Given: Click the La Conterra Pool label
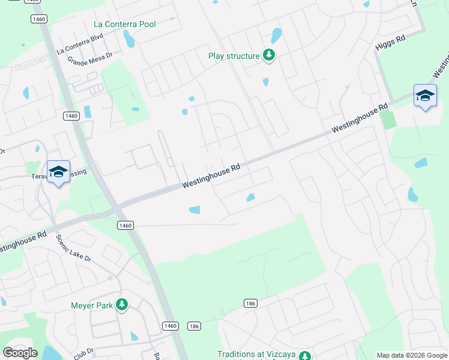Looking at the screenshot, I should click(125, 24).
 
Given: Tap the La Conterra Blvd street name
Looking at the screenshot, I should click(80, 44).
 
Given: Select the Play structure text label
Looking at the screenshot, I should click(234, 56).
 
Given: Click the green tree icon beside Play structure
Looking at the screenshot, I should click(270, 56).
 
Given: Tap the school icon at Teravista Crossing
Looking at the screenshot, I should click(58, 172).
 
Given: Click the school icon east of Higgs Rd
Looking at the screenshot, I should click(425, 96).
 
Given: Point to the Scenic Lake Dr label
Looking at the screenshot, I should click(73, 248).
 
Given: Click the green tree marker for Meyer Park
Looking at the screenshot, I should click(122, 305).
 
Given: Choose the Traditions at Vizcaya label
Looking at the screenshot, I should click(256, 355).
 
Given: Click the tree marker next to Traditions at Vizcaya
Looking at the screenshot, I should click(304, 355).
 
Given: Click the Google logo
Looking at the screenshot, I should click(20, 353).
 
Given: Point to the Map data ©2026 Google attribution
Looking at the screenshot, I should click(411, 355).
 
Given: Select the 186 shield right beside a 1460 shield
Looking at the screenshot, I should click(193, 326).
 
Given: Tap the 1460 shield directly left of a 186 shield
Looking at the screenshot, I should click(170, 325).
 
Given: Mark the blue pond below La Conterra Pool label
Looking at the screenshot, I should click(129, 39).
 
